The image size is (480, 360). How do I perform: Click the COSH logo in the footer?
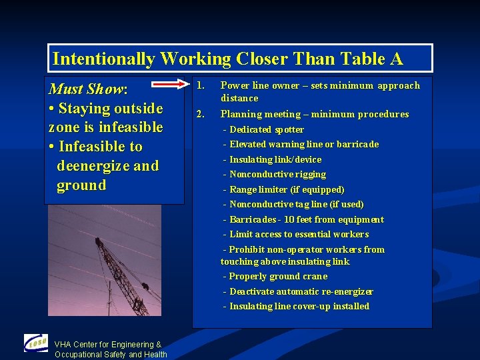pyautogui.click(x=35, y=344)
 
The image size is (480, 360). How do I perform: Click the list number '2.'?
pyautogui.click(x=200, y=114)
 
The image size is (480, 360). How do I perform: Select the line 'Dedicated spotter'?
pyautogui.click(x=266, y=129)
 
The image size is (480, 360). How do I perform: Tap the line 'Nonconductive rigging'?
pyautogui.click(x=277, y=174)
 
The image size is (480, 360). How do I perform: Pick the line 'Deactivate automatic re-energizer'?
pyautogui.click(x=301, y=291)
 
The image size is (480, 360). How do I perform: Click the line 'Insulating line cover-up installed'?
pyautogui.click(x=299, y=306)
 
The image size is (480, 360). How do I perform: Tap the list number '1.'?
pyautogui.click(x=200, y=85)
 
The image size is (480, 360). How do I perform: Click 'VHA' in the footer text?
pyautogui.click(x=63, y=345)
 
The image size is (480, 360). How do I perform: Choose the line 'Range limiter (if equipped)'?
pyautogui.click(x=287, y=189)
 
